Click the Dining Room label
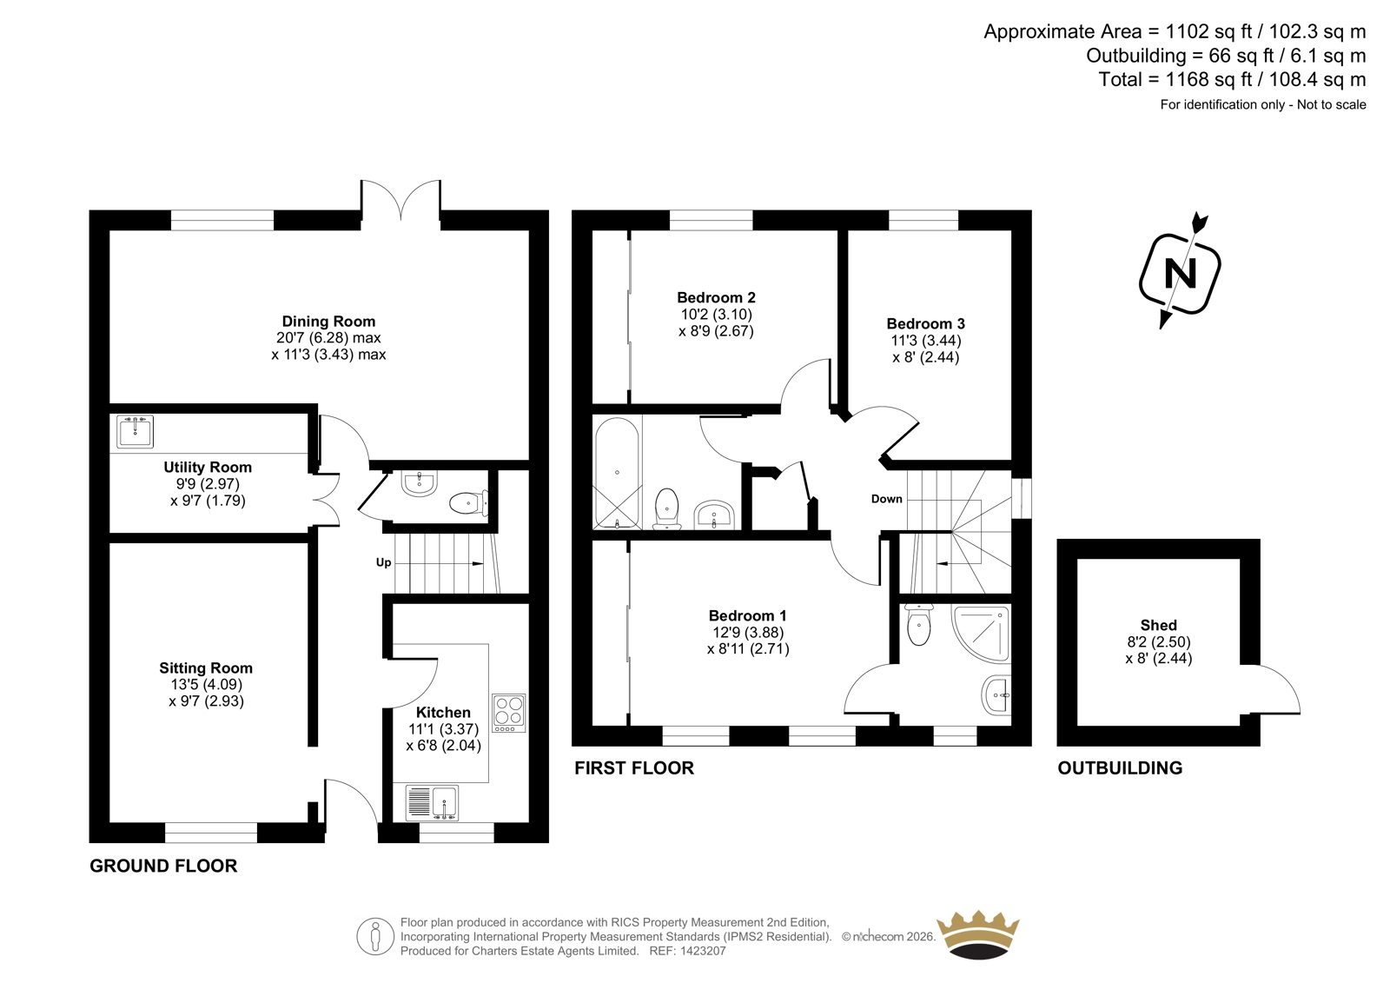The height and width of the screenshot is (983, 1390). pos(328,321)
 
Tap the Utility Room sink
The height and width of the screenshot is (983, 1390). pos(135,431)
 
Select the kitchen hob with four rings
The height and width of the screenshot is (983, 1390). pos(509,712)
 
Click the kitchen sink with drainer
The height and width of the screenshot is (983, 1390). pos(432,802)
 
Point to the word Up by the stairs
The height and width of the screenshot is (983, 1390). pos(383,562)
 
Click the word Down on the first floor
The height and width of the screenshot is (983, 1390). pos(886,499)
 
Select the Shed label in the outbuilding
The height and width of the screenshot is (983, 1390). pos(1159,625)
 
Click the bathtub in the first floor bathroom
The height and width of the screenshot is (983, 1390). pos(617,473)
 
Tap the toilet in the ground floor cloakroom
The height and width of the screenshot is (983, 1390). pos(468,503)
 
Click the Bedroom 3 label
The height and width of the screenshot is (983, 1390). pos(926,323)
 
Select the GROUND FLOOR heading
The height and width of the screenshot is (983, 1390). pos(163,866)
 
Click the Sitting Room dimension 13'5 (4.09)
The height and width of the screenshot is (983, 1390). pos(207,684)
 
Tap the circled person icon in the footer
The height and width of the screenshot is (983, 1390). pos(375,936)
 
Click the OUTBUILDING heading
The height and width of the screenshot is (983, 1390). pos(1120,768)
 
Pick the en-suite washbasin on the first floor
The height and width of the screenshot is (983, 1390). pos(996,694)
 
